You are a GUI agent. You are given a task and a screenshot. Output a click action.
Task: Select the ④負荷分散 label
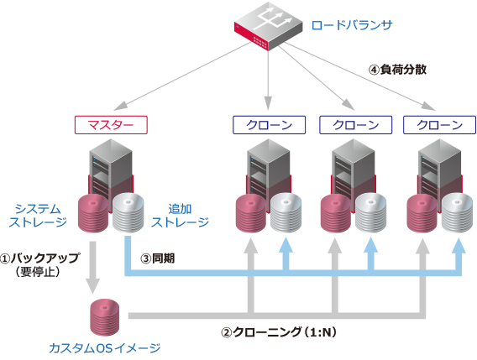tap(399, 70)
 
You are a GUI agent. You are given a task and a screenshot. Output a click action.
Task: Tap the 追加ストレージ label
tap(180, 214)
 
